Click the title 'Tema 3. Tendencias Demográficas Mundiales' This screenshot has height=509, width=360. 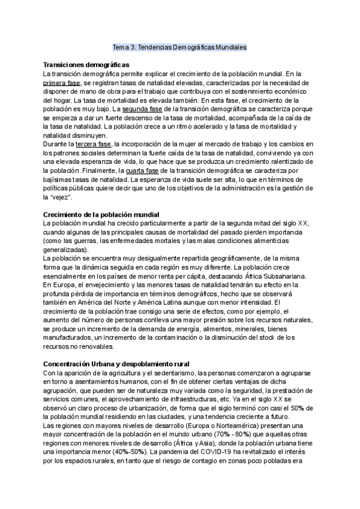click(x=180, y=46)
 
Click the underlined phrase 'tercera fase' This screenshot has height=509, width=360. click(x=94, y=145)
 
